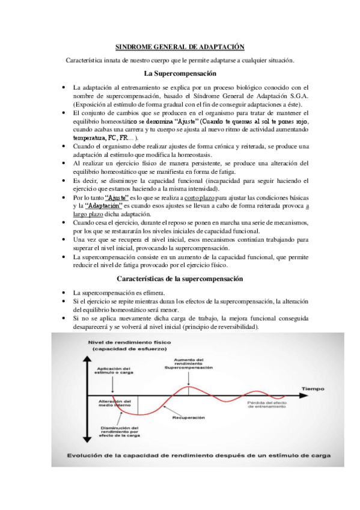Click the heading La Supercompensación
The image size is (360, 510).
pyautogui.click(x=180, y=73)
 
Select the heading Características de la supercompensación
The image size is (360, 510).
pyautogui.click(x=180, y=279)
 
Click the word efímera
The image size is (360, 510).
pyautogui.click(x=154, y=292)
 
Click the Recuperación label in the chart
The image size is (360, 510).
pyautogui.click(x=189, y=416)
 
